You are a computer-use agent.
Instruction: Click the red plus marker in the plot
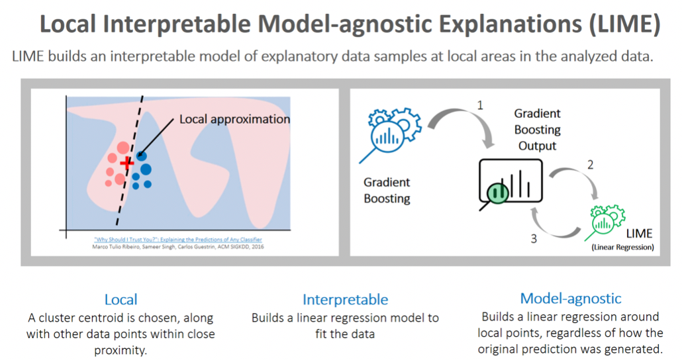pos(127,163)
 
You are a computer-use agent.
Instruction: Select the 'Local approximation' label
pos(234,119)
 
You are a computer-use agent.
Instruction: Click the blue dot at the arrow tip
pos(141,156)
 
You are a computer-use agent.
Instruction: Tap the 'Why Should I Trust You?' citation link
pos(178,239)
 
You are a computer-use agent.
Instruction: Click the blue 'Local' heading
pos(121,299)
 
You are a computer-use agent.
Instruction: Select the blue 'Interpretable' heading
pos(346,300)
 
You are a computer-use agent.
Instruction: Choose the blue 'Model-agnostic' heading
pos(571,298)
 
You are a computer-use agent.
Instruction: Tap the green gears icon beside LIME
pos(605,222)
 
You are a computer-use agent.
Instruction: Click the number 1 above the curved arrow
pos(480,105)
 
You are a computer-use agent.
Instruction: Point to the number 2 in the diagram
pos(590,165)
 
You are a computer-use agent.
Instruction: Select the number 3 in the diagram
pos(534,239)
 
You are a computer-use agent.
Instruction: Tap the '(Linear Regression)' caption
pos(622,247)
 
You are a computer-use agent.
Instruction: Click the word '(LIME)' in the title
pos(624,24)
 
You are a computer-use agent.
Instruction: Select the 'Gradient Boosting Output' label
pos(537,130)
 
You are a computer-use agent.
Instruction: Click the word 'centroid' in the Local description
pos(101,318)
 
